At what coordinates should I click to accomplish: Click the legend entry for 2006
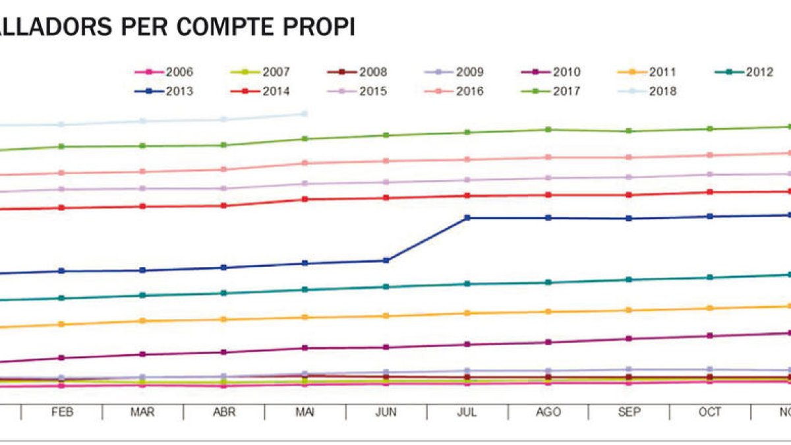coord(164,73)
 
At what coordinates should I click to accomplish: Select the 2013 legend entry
coord(164,92)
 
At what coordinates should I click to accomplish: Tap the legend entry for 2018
coord(649,92)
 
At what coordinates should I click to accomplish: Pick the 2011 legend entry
coord(649,73)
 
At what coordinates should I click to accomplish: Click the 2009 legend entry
coord(455,73)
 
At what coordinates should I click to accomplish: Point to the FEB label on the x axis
coord(62,412)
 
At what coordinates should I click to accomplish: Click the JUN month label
coord(386,412)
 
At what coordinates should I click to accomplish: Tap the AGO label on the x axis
coord(548,412)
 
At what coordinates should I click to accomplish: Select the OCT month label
coord(710,412)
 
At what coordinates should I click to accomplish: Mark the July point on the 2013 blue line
coord(467,218)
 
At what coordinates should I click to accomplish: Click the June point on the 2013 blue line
coord(386,260)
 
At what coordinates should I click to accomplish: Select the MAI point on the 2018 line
coord(305,114)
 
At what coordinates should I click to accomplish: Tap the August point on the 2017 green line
coord(548,129)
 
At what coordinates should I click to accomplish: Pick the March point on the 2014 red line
coord(142,206)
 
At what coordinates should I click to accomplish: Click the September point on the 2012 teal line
coord(629,280)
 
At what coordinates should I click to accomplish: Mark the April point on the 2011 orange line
coord(224,320)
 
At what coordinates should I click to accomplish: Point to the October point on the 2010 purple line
coord(710,336)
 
